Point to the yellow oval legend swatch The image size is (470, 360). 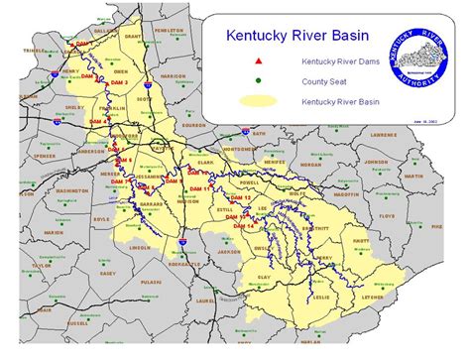click(x=258, y=101)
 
